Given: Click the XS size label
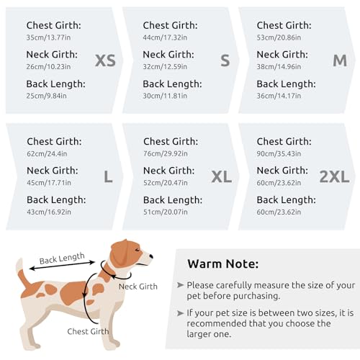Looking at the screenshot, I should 105,60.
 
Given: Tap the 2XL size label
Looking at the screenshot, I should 333,177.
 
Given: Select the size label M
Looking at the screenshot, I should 340,60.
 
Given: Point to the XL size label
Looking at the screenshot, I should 222,177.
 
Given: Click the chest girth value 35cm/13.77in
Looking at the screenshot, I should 50,37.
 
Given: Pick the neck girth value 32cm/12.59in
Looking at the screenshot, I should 167,66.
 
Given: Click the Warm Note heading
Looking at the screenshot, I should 222,264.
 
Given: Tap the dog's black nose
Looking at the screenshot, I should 150,255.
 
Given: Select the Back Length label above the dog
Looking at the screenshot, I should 62,258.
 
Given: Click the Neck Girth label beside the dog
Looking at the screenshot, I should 138,287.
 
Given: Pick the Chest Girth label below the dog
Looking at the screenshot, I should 88,331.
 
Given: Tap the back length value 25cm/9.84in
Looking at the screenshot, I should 48,96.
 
